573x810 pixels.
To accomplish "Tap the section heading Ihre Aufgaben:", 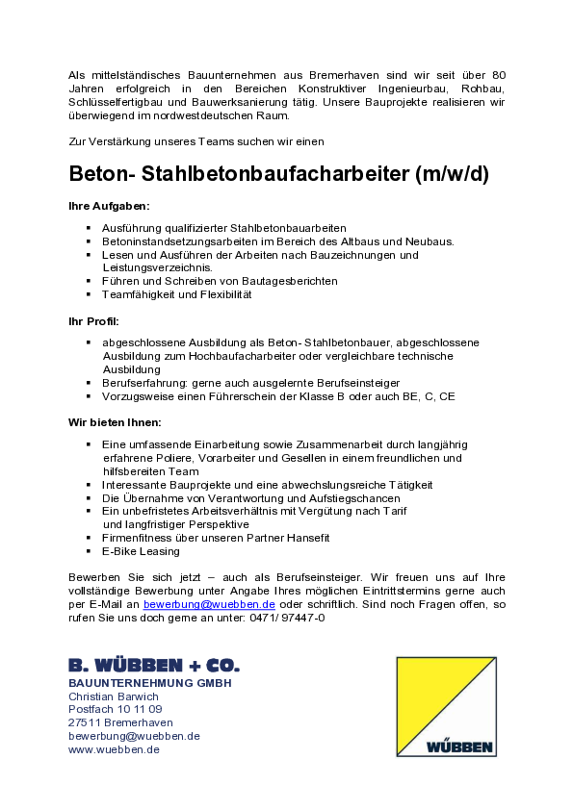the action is point(109,206).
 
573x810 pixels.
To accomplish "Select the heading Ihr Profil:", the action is point(93,321).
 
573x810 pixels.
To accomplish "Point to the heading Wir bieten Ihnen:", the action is point(115,422).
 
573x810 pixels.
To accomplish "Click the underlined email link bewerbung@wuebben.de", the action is point(209,604).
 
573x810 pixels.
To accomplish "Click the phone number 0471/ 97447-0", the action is point(287,618).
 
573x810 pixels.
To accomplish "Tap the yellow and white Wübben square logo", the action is point(446,707).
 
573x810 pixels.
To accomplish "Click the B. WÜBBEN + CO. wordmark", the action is point(154,665).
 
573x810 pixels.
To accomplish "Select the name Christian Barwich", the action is point(114,696).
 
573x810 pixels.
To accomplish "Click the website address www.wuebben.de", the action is point(114,749).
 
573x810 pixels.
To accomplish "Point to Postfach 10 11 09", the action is point(116,709).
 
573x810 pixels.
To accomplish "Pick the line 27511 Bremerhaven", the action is point(120,722).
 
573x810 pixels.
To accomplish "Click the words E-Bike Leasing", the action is point(141,551).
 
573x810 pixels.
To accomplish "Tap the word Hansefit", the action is point(308,538).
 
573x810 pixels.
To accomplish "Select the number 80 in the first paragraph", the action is point(499,75).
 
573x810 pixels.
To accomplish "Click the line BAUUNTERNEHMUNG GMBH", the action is point(150,683).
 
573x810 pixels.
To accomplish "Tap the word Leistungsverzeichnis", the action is point(158,267).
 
